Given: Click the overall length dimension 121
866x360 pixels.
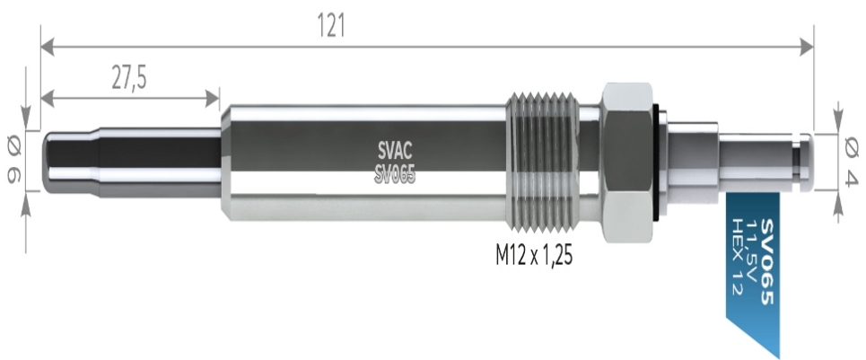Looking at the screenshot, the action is [331, 25].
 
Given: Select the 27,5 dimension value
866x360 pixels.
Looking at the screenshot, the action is [129, 78].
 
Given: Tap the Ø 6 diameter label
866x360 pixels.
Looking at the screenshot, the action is [13, 162].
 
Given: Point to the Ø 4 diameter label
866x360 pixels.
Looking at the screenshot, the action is [851, 162].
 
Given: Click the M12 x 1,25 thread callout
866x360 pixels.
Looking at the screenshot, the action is [534, 256].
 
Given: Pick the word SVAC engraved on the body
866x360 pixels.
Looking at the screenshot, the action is [395, 149].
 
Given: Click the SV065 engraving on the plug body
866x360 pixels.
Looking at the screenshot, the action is [395, 175].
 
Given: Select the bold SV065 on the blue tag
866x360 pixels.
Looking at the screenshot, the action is [767, 262].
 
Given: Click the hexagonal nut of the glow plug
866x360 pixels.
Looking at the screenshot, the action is [628, 162].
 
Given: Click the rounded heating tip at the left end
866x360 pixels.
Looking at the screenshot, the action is [71, 162].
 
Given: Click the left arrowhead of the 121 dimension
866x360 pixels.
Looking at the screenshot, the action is [48, 47].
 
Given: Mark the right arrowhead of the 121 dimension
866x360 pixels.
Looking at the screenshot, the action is [807, 47].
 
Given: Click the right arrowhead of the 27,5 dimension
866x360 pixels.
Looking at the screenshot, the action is [213, 98].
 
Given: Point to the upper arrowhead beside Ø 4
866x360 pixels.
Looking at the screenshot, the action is [838, 123].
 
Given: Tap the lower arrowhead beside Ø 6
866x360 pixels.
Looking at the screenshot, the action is [26, 202].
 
